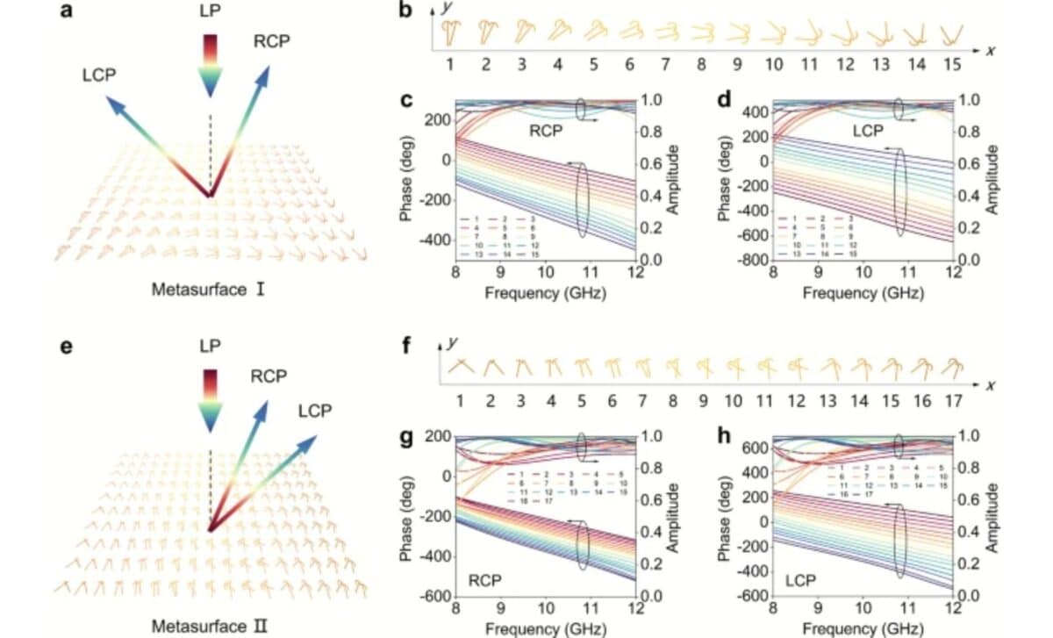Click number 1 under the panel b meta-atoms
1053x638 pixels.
click(x=449, y=64)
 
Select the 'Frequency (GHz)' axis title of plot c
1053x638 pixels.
click(x=545, y=293)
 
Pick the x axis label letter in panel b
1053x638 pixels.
click(x=990, y=50)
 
